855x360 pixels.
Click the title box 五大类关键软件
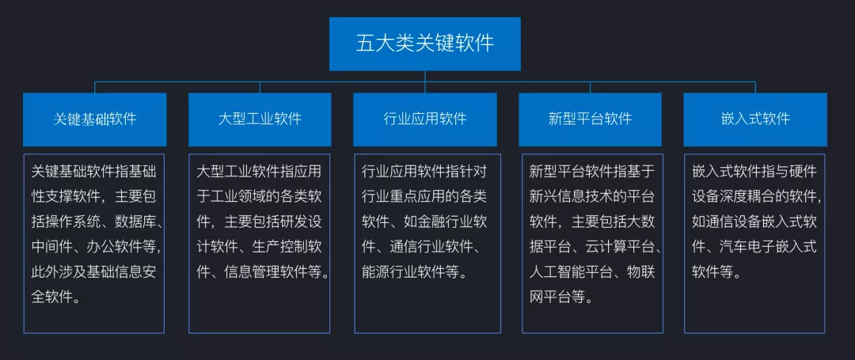[x=425, y=44]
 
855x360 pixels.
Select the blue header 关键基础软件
[x=95, y=119]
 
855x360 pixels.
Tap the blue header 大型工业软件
[x=260, y=119]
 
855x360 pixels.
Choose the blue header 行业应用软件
[x=425, y=119]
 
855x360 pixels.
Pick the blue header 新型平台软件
[x=590, y=119]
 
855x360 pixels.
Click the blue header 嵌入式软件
[x=755, y=119]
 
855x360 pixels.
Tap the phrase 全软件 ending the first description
[x=55, y=297]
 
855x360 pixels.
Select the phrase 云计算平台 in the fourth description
[x=612, y=247]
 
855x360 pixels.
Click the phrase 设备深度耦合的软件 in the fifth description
[x=753, y=196]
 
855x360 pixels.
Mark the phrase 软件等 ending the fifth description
[x=716, y=272]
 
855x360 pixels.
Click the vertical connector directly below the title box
[x=425, y=76]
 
